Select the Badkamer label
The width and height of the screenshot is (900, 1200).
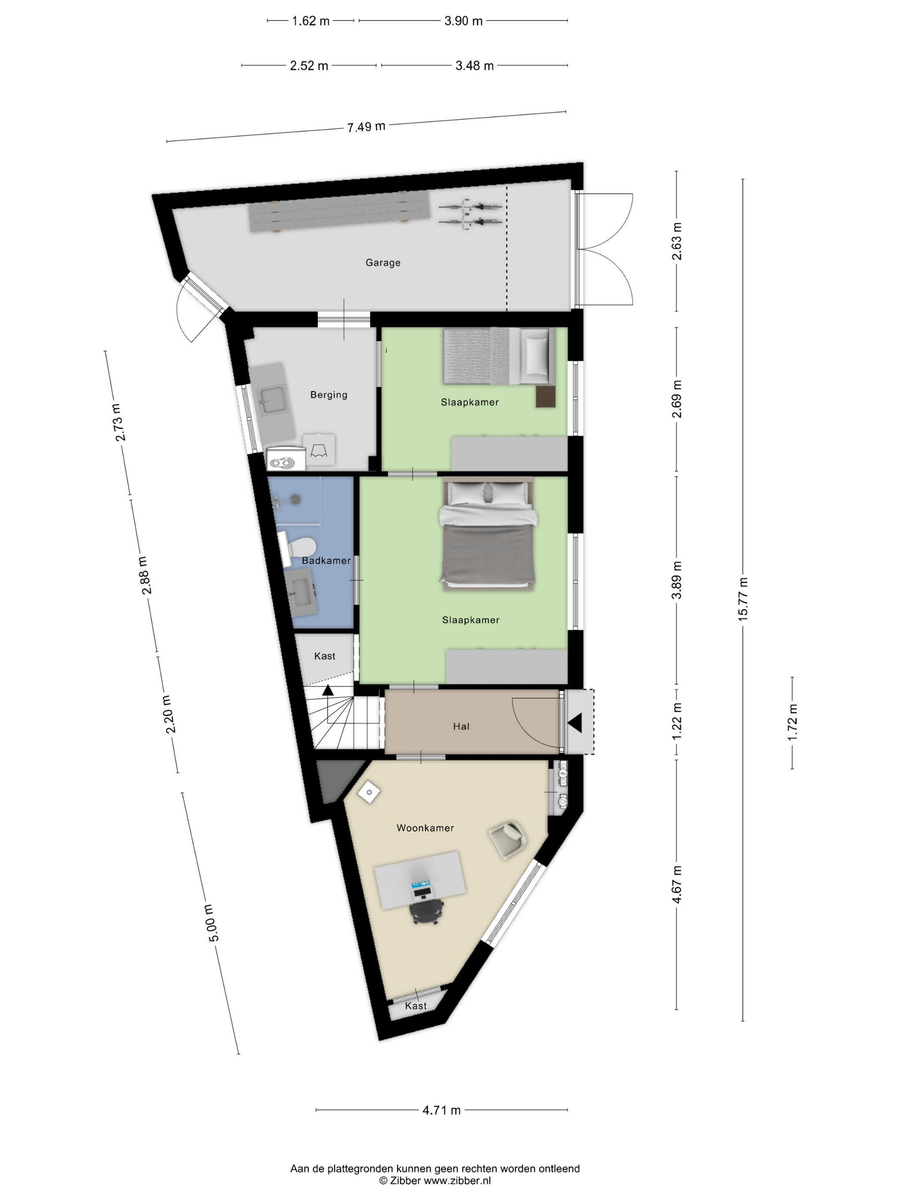(x=326, y=561)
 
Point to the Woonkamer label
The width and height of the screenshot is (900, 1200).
(x=425, y=828)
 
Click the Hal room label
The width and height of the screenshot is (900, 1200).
(x=461, y=726)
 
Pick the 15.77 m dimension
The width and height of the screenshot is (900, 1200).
(x=743, y=599)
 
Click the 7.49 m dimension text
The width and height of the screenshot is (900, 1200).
(x=366, y=127)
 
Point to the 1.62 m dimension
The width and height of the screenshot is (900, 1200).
(x=311, y=21)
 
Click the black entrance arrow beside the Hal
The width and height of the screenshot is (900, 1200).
(x=575, y=723)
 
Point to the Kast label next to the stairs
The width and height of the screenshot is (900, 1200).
(x=324, y=656)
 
